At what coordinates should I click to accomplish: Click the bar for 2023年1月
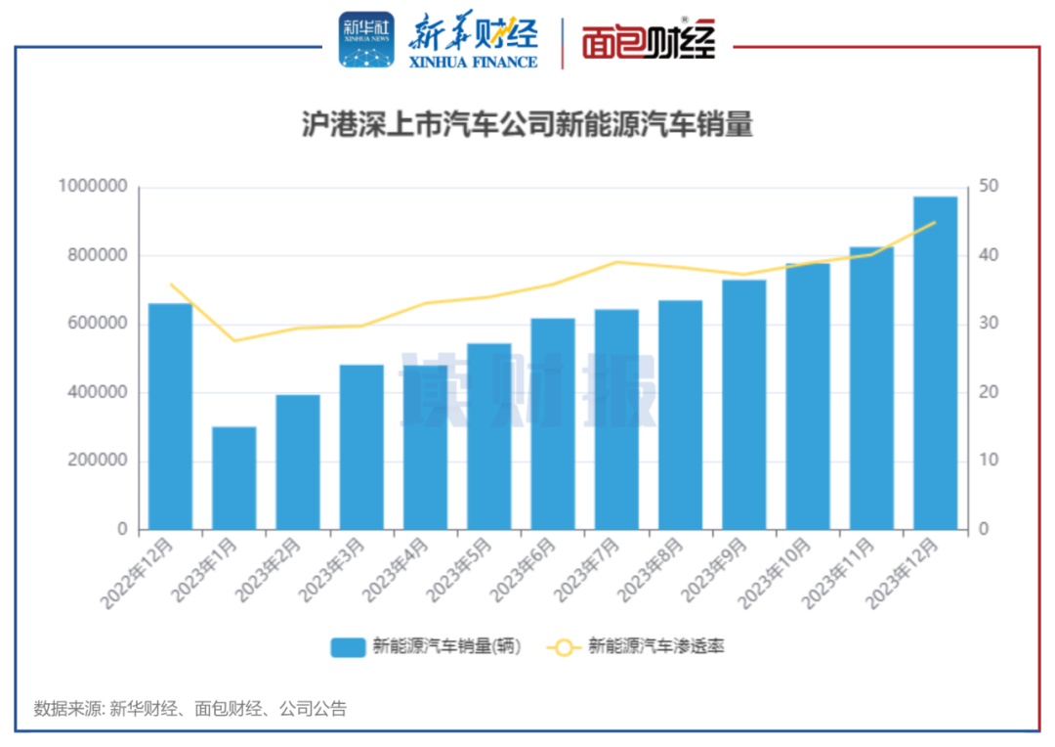234,478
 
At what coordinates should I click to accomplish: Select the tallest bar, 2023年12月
935,363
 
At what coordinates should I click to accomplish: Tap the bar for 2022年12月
170,417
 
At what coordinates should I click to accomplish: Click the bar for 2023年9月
744,405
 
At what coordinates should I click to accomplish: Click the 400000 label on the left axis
97,393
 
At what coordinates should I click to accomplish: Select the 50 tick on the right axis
987,187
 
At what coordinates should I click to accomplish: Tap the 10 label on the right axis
986,461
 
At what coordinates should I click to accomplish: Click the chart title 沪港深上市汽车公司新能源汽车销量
527,125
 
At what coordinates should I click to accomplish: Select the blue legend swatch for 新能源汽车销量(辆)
348,646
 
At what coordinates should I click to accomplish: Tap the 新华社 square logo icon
366,40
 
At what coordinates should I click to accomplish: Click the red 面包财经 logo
648,42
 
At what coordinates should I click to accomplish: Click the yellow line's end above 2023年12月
935,222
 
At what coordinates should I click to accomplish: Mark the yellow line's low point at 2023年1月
234,340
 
